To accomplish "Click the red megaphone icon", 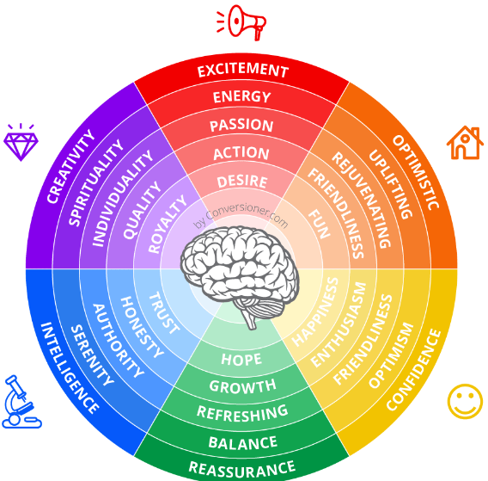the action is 241,22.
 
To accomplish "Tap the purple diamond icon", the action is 21,143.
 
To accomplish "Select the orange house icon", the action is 465,143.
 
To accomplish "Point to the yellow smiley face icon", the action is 465,401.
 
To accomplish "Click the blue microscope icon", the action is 21,402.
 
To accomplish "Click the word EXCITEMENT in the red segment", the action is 243,71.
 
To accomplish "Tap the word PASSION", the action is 241,126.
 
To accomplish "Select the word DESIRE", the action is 242,182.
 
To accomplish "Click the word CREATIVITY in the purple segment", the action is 70,167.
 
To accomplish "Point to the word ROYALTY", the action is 168,224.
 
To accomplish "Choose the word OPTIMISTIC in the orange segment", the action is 416,172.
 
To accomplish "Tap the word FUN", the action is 319,224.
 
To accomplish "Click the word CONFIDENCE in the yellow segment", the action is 414,370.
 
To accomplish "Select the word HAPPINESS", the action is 315,311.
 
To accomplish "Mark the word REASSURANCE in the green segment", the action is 242,470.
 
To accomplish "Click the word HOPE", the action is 241,359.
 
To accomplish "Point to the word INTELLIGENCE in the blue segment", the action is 70,368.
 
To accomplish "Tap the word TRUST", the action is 164,313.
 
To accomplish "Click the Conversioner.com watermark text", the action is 241,215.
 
